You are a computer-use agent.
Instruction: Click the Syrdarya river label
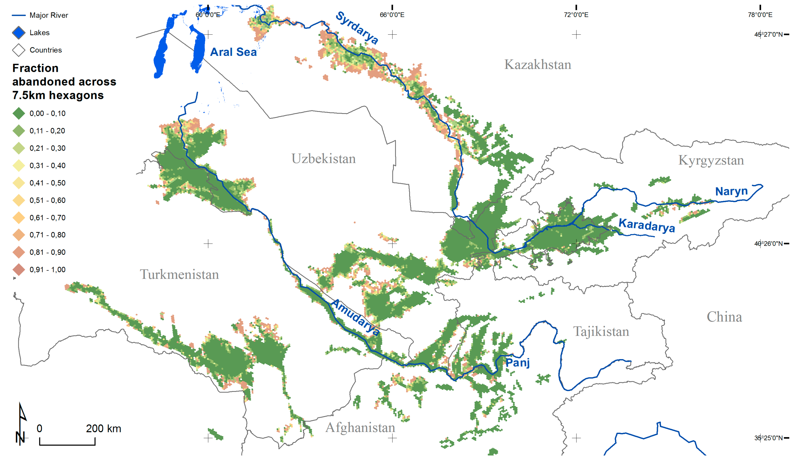[x=357, y=28]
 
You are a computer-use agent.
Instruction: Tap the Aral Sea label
[x=233, y=52]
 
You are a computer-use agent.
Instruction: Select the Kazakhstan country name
[x=537, y=64]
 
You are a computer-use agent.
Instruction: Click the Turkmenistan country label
[x=179, y=274]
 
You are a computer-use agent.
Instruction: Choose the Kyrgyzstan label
[x=711, y=160]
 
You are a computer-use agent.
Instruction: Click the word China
[x=724, y=317]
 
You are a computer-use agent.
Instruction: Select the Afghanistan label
[x=360, y=428]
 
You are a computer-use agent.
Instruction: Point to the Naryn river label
[x=731, y=191]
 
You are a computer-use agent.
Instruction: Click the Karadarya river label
[x=646, y=225]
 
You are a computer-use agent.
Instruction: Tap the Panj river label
[x=517, y=363]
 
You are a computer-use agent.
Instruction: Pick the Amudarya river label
[x=355, y=317]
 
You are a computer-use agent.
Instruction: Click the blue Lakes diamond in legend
[x=19, y=33]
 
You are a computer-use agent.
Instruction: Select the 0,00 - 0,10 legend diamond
[x=19, y=113]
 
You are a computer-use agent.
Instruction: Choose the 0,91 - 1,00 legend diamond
[x=19, y=270]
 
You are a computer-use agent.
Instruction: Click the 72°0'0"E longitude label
[x=576, y=15]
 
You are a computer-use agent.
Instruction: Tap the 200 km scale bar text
[x=103, y=429]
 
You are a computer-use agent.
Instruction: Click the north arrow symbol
[x=21, y=424]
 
